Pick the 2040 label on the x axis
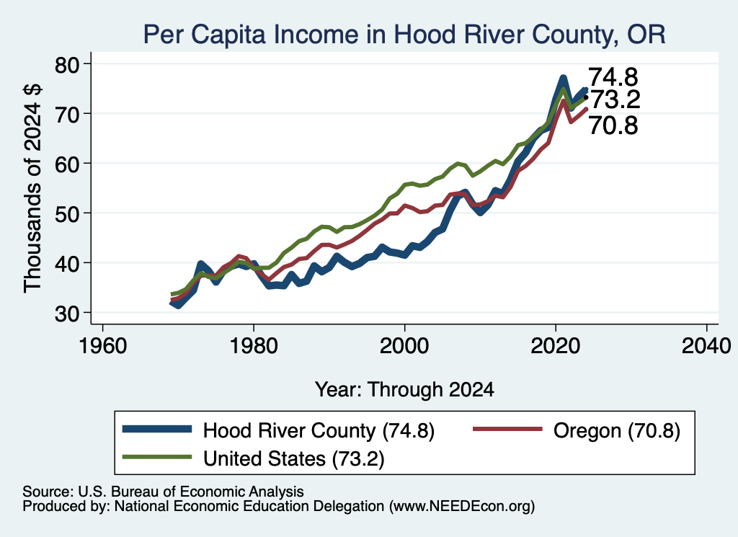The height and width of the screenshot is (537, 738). coord(706,347)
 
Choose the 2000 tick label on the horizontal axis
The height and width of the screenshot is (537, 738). coord(404,347)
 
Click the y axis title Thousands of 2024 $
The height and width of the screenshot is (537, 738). coord(33,188)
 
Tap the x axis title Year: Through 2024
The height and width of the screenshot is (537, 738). coord(404,390)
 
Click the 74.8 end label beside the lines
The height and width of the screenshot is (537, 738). coord(613,76)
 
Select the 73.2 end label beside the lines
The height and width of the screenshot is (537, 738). coord(615,99)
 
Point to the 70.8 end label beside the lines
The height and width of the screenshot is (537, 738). coord(613,125)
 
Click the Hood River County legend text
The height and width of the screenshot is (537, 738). coord(319,430)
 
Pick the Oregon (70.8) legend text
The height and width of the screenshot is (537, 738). coord(617,430)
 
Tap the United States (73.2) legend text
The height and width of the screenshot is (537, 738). coord(294,458)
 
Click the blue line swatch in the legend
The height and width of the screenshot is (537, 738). coord(157,429)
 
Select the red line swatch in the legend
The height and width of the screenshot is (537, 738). coord(507,429)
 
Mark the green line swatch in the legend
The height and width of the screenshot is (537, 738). coord(157,456)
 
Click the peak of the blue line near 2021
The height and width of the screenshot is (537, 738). coord(563,78)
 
